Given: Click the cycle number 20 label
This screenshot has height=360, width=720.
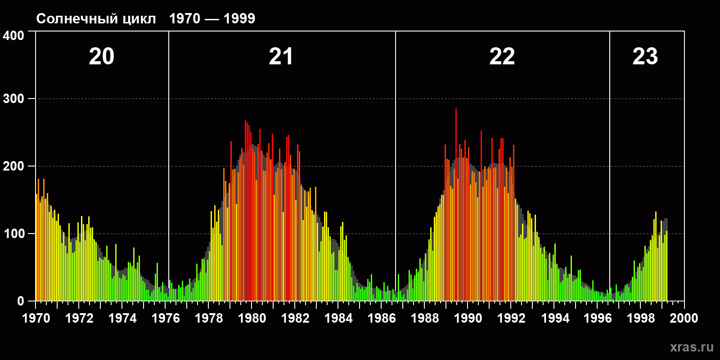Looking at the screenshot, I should tap(102, 57).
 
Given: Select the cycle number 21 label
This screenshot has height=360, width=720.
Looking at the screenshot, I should tap(281, 57).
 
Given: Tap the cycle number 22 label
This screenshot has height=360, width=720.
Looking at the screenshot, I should tap(502, 57).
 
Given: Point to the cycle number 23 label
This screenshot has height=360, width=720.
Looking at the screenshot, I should tap(645, 57).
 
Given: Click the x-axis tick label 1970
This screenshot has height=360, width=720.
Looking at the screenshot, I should tap(36, 318).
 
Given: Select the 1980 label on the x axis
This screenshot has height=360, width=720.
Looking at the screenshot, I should tap(252, 318).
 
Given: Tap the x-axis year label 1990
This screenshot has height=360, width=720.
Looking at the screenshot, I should tap(468, 318).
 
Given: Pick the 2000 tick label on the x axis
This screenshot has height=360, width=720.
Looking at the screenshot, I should tap(684, 318).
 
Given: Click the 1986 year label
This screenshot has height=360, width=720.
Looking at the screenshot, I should tap(382, 318).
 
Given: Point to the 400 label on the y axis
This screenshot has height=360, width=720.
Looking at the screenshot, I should tap(13, 36).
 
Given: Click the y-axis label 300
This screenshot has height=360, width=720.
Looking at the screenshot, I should tap(13, 99).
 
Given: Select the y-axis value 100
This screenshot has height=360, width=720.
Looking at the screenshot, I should tap(13, 234).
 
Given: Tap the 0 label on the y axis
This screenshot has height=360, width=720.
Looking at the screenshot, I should tap(21, 301).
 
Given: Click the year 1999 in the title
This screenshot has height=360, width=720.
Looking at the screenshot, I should tap(239, 18).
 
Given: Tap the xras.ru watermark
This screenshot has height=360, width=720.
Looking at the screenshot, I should tap(692, 347).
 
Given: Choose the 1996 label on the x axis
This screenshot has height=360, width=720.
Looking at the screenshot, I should tap(598, 318).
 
